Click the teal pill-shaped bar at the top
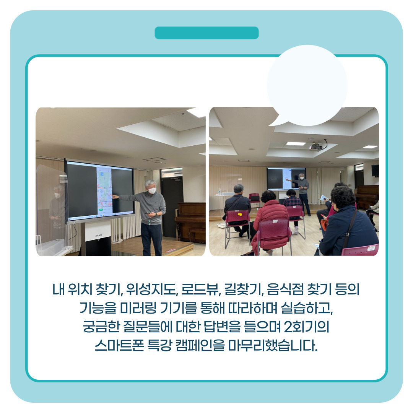coord(206,33)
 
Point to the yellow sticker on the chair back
coord(239,215)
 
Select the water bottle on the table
coord(219,192)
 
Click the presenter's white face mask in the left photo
coord(152,190)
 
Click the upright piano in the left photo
coord(190,222)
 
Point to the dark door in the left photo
coord(172,207)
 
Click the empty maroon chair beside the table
coord(254,198)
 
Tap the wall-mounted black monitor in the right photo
coord(375,171)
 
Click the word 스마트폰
coord(119,345)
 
